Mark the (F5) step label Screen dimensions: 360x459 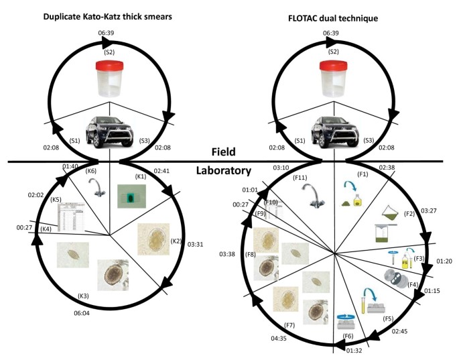(x=387, y=318)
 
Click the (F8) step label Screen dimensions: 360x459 (x=251, y=255)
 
